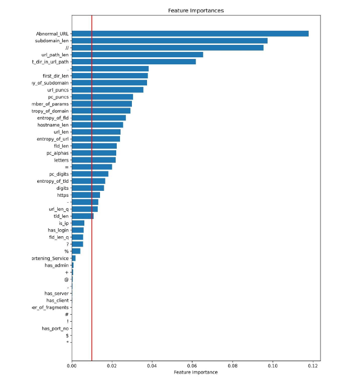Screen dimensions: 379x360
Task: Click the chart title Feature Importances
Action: pyautogui.click(x=196, y=10)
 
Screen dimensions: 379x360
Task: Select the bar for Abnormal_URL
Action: pyautogui.click(x=190, y=34)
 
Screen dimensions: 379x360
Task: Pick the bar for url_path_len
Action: pyautogui.click(x=137, y=55)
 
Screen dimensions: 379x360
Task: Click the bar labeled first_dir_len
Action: pyautogui.click(x=110, y=76)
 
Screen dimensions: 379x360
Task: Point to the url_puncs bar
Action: pyautogui.click(x=108, y=90)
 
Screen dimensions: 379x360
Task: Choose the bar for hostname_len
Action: pyautogui.click(x=97, y=125)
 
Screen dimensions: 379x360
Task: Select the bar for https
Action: pyautogui.click(x=85, y=195)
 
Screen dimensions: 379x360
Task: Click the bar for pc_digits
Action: pyautogui.click(x=90, y=174)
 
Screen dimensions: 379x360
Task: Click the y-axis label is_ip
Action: pyautogui.click(x=64, y=223)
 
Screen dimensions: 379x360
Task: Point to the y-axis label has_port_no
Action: pyautogui.click(x=55, y=328)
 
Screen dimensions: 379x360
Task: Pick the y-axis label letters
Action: pyautogui.click(x=61, y=160)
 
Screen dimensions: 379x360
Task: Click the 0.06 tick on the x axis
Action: pyautogui.click(x=192, y=366)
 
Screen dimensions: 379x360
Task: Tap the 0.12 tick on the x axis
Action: pyautogui.click(x=312, y=366)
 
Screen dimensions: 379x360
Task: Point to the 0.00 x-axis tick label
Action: pyautogui.click(x=72, y=366)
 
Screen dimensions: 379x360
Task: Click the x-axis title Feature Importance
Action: pyautogui.click(x=196, y=373)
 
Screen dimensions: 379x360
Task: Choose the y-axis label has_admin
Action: pyautogui.click(x=57, y=265)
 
